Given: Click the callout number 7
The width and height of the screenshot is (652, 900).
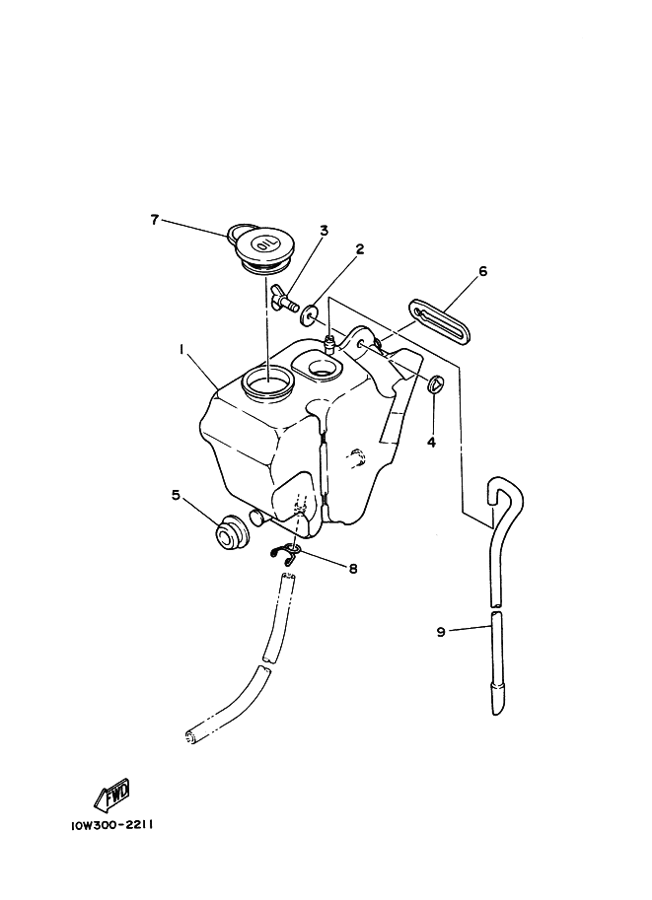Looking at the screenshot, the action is click(x=154, y=220).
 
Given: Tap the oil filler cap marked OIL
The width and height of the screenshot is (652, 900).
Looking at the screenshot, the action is click(x=263, y=248).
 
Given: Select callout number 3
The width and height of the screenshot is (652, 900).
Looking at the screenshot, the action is click(x=324, y=231).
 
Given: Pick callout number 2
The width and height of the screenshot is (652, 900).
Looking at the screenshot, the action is click(x=360, y=249).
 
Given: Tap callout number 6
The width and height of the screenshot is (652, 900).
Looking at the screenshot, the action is click(x=482, y=271).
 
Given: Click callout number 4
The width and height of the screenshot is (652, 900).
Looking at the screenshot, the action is click(x=431, y=442).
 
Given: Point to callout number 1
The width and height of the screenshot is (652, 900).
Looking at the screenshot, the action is click(x=181, y=349).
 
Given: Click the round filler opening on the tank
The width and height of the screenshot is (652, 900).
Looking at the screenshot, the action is click(x=267, y=381).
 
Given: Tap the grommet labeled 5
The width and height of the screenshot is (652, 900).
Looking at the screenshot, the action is click(x=232, y=532).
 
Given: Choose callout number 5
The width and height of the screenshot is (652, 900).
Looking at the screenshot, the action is click(x=176, y=495).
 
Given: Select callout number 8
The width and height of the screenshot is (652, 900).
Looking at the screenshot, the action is click(x=353, y=568).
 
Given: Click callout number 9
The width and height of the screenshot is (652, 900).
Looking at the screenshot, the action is click(x=441, y=632).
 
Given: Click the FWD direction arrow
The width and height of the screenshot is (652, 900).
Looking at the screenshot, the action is click(x=112, y=796).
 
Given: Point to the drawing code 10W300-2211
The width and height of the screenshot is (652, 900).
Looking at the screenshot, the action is click(x=111, y=825).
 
